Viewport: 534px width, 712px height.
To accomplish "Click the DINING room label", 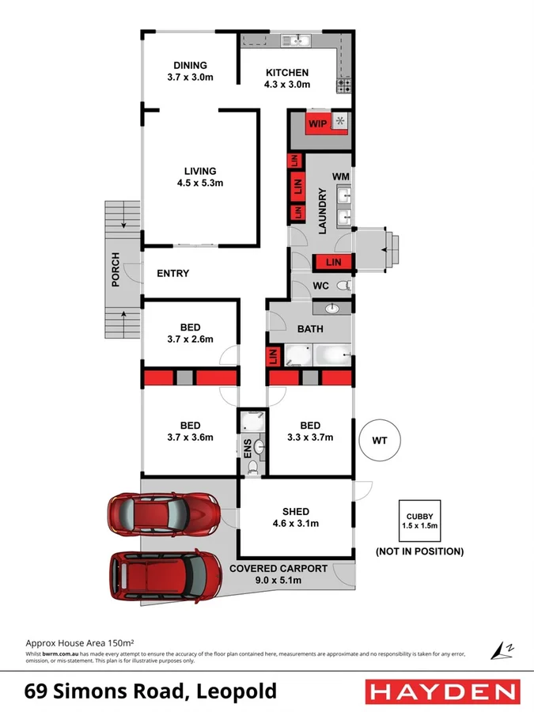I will (x=190, y=66).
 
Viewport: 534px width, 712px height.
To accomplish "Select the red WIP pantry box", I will (x=318, y=123).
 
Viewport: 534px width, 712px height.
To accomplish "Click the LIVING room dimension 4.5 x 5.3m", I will (x=200, y=183).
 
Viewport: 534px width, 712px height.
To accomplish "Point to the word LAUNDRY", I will (x=322, y=211).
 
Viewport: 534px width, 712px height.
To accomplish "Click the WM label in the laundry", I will (x=341, y=175).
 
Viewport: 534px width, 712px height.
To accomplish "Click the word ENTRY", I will (x=173, y=274).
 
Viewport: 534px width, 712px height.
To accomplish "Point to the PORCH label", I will (x=116, y=269).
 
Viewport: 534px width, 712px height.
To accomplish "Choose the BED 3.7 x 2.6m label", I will (x=190, y=333).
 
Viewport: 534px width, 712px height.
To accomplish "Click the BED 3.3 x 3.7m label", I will (x=309, y=430).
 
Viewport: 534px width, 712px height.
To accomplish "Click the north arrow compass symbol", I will (x=501, y=650).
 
